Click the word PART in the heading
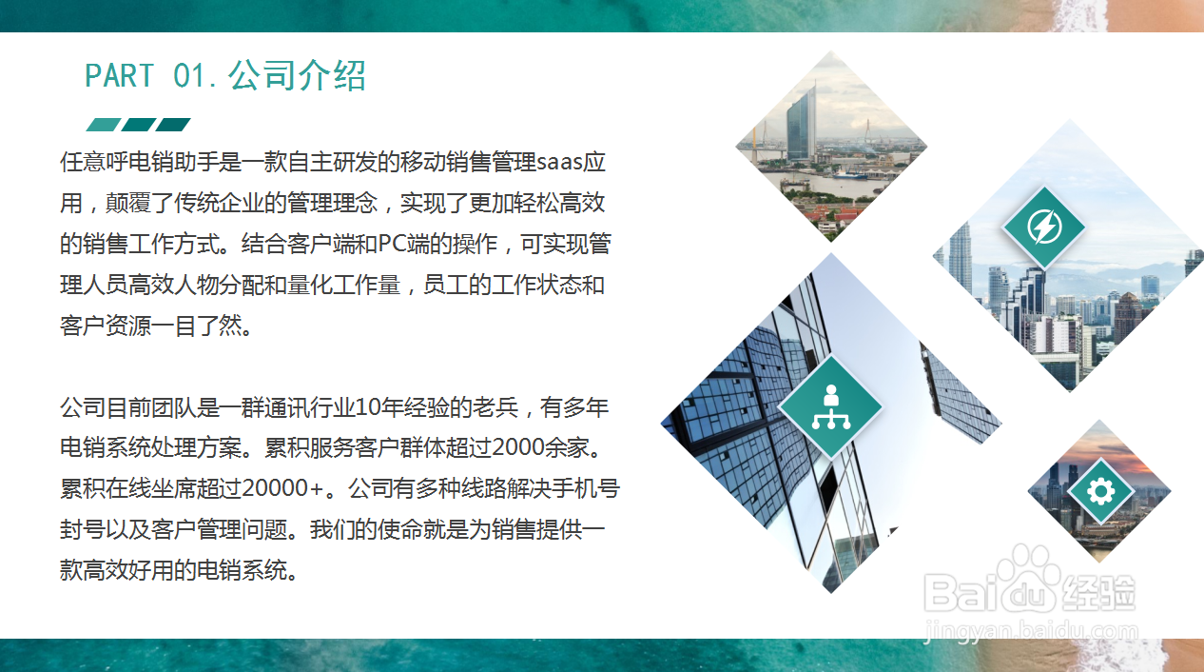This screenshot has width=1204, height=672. (x=119, y=75)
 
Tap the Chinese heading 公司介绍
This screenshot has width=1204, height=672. (x=297, y=75)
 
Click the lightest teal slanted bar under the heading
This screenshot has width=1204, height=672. (x=104, y=125)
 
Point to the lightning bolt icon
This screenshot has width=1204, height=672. (x=1044, y=227)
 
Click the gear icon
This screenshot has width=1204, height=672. (x=1100, y=491)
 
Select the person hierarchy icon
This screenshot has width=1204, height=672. (x=831, y=406)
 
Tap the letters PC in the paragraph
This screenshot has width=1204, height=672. (x=393, y=244)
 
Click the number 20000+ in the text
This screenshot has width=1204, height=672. (x=282, y=488)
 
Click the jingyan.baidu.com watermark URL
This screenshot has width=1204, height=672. (x=1031, y=630)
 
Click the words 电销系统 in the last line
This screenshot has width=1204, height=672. (x=242, y=570)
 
